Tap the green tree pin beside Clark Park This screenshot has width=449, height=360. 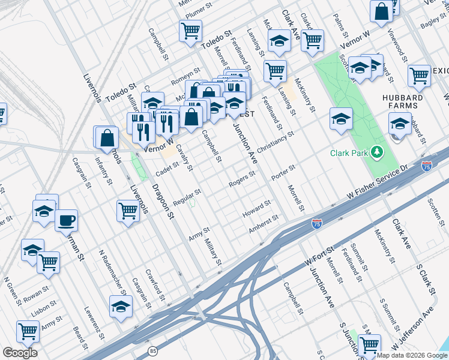pos(377,152)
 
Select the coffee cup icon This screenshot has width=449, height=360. pos(67,220)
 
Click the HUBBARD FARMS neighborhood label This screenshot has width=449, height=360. pos(402,101)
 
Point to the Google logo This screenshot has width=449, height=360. pos(20,353)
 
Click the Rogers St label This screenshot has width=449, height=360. pos(243,178)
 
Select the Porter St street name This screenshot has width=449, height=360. pos(283,172)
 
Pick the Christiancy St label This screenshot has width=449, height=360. pos(275,142)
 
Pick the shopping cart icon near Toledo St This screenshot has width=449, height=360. pos(190,29)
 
